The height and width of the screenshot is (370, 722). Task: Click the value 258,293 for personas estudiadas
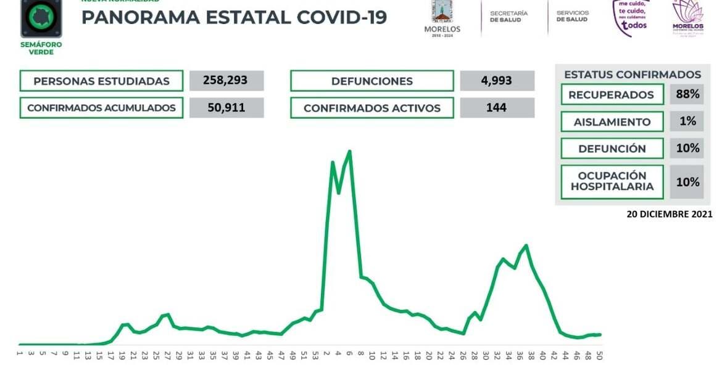click(x=226, y=81)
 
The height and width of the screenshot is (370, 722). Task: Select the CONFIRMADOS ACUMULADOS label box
click(x=101, y=108)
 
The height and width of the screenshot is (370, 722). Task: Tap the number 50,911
click(x=226, y=108)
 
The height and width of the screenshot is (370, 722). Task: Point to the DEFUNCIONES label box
click(x=371, y=81)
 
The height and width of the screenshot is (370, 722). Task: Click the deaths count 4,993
click(x=497, y=81)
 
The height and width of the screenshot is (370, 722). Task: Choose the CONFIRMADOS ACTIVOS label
click(x=371, y=108)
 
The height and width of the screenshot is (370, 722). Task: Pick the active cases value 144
click(x=497, y=108)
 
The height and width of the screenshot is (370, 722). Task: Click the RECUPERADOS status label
click(x=611, y=95)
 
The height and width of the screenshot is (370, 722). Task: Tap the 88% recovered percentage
click(x=687, y=94)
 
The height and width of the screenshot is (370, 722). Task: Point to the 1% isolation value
click(x=687, y=121)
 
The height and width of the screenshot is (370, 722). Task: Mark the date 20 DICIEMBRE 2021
click(x=670, y=215)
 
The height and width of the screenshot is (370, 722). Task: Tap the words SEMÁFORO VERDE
click(x=41, y=48)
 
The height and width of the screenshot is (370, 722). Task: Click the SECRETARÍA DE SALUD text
click(x=508, y=16)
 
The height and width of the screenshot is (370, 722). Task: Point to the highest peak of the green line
click(x=350, y=151)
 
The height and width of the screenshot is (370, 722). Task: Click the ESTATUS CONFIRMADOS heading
click(x=632, y=75)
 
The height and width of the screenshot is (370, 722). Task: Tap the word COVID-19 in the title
click(x=341, y=17)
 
